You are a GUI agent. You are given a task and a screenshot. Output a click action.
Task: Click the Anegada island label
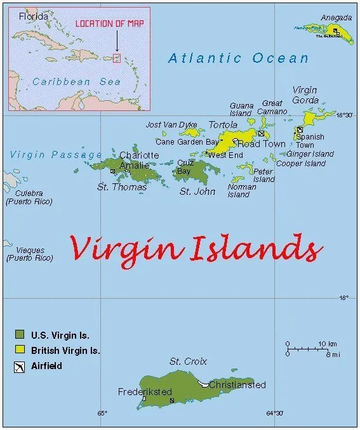click(x=336, y=18)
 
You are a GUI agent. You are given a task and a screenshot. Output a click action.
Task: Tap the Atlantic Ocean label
click(x=238, y=58)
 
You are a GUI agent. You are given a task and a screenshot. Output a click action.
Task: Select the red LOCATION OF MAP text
click(x=110, y=23)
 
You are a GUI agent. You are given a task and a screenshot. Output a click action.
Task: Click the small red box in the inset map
click(x=116, y=58)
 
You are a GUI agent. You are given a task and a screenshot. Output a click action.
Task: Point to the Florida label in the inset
click(x=33, y=16)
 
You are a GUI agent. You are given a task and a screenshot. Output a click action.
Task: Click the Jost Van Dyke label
click(x=171, y=125)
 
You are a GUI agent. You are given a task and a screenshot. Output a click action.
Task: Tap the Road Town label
click(x=261, y=144)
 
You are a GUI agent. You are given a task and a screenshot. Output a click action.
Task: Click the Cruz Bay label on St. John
click(x=184, y=167)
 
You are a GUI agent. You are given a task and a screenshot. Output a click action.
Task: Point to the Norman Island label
click(x=241, y=191)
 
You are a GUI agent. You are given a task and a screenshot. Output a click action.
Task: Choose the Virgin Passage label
click(x=56, y=155)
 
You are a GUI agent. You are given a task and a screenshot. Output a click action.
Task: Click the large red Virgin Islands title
click(x=196, y=247)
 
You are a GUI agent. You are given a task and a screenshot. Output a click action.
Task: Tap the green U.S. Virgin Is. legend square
click(x=20, y=334)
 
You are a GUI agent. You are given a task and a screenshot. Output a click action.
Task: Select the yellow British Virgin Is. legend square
click(x=20, y=350)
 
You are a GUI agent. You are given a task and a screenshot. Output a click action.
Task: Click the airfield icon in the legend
click(x=20, y=366)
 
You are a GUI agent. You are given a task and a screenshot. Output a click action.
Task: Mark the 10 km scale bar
click(x=307, y=348)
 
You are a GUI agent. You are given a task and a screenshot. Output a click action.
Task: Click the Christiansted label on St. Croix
click(x=237, y=385)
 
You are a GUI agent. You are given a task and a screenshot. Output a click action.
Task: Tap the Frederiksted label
click(x=145, y=392)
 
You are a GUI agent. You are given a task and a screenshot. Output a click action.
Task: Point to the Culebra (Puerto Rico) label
click(x=29, y=197)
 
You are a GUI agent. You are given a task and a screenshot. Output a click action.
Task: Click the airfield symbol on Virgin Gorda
click(x=300, y=130)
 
